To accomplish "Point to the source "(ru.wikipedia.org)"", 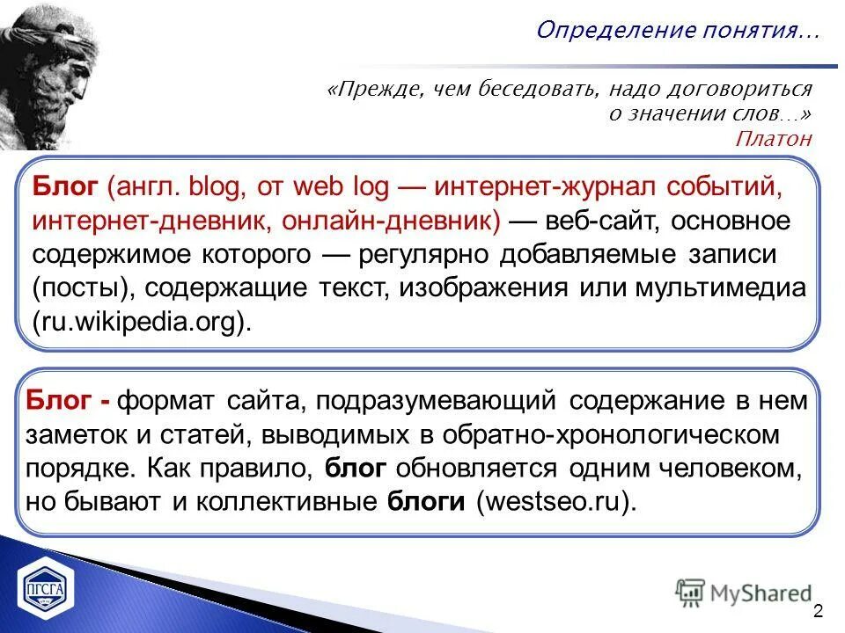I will [x=142, y=322].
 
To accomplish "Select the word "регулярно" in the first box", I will [x=422, y=255].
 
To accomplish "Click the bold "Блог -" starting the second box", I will [x=69, y=402].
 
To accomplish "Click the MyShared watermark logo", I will [x=745, y=593].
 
